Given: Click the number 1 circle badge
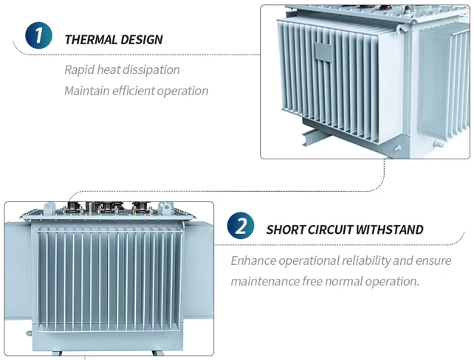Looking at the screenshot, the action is (38, 35).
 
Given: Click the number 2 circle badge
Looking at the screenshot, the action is (241, 225).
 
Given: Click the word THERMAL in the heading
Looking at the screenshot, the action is (91, 40).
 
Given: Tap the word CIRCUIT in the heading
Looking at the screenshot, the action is (330, 230).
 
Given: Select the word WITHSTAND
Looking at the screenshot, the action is (390, 230).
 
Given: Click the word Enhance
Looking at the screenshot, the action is (253, 260).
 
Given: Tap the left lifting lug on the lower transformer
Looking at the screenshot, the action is (49, 208).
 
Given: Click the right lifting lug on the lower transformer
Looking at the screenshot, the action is (165, 208).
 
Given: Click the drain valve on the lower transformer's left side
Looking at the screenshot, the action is (28, 333).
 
